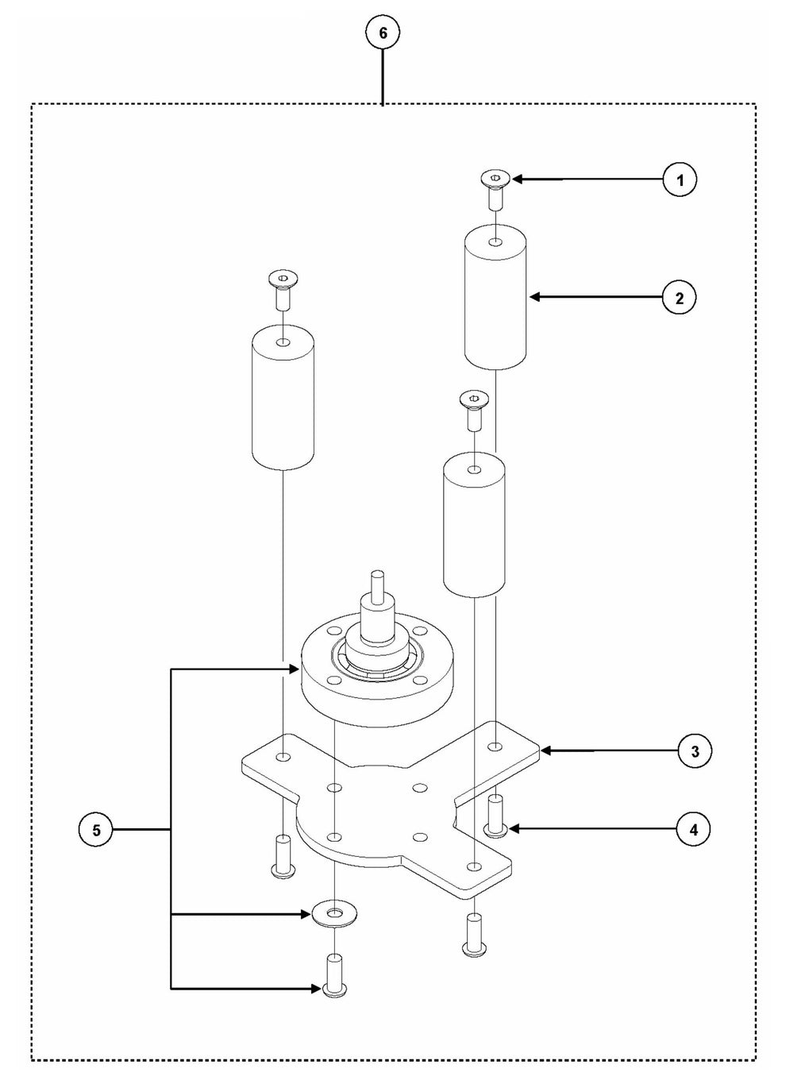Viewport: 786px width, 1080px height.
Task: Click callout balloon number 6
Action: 383,33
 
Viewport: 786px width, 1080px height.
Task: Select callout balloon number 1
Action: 680,179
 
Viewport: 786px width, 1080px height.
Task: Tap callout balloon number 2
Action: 679,298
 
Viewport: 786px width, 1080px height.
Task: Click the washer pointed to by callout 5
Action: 334,913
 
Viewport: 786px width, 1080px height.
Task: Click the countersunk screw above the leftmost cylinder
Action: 283,291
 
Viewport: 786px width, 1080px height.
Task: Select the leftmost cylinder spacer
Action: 283,397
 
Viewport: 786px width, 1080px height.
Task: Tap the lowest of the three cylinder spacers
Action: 474,525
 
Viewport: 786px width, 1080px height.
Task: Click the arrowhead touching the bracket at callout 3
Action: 546,750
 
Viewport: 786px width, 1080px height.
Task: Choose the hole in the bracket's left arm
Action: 283,757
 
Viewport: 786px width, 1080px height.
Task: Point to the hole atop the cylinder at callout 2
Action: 495,242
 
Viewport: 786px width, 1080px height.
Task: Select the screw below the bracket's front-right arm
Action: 474,934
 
